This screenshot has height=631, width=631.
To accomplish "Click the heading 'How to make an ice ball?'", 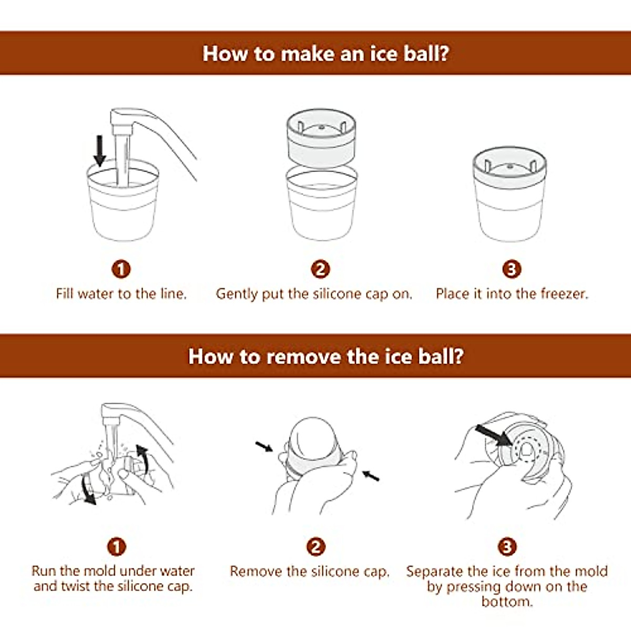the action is pos(325,53).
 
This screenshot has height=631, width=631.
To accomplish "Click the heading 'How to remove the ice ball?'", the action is pos(326,356).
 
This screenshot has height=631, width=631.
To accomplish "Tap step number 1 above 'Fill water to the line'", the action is pos(121,269).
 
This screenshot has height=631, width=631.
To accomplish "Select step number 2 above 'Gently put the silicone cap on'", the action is pos(320,269).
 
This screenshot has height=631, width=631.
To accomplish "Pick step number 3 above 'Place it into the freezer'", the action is pos(512,269).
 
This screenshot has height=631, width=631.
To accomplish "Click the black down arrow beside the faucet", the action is pos(99,151).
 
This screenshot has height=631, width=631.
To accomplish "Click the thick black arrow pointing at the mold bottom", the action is pos(493,435).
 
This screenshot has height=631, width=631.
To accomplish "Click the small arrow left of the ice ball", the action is pos(264,446).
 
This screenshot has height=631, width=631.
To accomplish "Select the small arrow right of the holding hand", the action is pos(371,475).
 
